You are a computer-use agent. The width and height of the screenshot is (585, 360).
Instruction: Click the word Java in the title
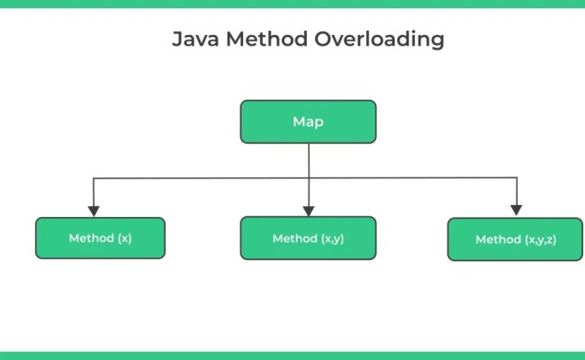[194, 40]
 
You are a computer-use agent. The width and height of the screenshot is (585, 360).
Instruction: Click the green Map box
[308, 121]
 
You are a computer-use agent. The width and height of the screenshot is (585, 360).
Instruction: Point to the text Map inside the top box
[308, 121]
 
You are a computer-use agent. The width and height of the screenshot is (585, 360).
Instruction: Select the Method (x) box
[100, 238]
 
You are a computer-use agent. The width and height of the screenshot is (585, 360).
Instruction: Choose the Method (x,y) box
[308, 238]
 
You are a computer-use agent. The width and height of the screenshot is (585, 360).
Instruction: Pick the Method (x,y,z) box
[515, 239]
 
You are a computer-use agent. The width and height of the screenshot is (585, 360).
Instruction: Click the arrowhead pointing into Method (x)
[94, 210]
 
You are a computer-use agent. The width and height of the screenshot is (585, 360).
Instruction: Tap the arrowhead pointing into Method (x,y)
[309, 209]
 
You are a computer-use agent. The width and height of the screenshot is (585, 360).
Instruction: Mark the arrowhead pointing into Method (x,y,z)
[516, 210]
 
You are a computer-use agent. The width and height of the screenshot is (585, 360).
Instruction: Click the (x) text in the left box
[123, 238]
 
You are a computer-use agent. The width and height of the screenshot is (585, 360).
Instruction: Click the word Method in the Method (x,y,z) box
[498, 239]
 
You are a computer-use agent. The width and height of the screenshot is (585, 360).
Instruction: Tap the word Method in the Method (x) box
[90, 238]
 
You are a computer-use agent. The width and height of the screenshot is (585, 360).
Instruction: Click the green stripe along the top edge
[292, 4]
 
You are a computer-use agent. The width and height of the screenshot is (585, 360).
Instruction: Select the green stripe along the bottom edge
[292, 355]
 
